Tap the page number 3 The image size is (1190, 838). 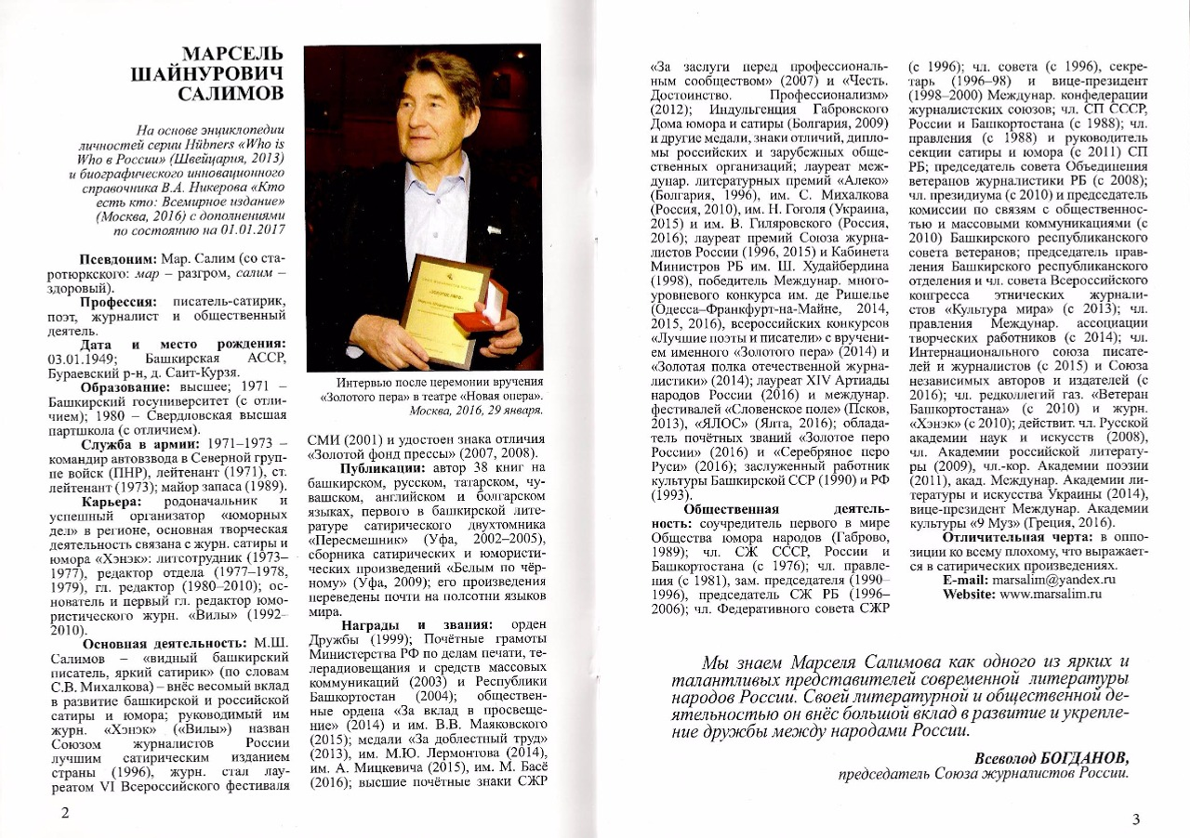point(1135,818)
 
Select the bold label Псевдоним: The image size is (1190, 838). point(113,257)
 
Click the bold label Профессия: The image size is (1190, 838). point(120,303)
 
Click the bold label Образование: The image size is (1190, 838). point(127,386)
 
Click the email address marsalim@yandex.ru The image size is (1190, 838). point(1053,579)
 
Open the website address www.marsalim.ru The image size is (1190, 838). point(1056,595)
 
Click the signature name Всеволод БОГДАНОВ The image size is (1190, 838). point(1051,756)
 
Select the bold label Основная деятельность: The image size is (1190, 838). point(165,643)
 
